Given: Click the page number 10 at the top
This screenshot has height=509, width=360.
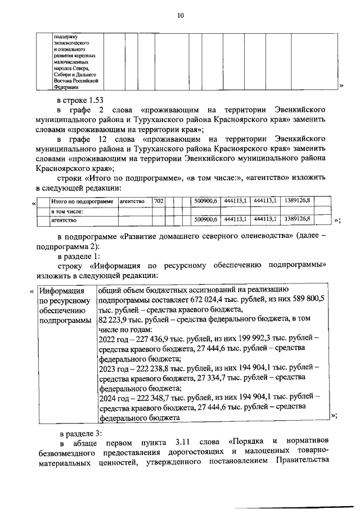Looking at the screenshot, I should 180,16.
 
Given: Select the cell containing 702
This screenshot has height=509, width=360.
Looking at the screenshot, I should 159,201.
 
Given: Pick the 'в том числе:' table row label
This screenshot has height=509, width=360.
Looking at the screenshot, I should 67,211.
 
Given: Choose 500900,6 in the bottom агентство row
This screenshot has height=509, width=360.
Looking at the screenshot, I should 205,220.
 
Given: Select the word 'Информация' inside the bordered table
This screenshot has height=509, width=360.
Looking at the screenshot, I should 60,291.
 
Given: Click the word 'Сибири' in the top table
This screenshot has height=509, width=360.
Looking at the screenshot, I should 62,74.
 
